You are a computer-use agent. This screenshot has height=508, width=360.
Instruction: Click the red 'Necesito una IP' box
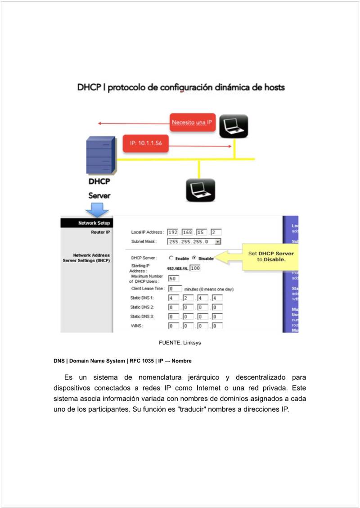(x=192, y=122)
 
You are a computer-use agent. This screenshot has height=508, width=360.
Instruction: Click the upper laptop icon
(x=234, y=126)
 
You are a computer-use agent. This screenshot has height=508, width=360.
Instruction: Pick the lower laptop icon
(x=200, y=190)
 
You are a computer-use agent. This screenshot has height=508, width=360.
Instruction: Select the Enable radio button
(x=171, y=258)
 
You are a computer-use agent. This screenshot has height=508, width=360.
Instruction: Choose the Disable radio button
(x=194, y=258)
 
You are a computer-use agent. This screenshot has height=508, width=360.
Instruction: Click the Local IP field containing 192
(x=173, y=232)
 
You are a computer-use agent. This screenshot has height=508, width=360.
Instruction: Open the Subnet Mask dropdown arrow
(x=218, y=242)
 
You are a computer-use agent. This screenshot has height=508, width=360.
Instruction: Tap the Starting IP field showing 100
(x=195, y=268)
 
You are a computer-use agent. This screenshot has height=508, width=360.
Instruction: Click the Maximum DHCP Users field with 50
(x=173, y=278)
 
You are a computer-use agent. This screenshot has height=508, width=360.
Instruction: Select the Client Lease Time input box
(x=175, y=288)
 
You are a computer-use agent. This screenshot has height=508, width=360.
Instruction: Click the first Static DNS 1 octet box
(x=173, y=298)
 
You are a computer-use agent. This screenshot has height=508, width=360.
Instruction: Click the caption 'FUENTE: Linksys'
(x=180, y=343)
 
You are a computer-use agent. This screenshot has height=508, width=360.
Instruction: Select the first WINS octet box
(x=173, y=326)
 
